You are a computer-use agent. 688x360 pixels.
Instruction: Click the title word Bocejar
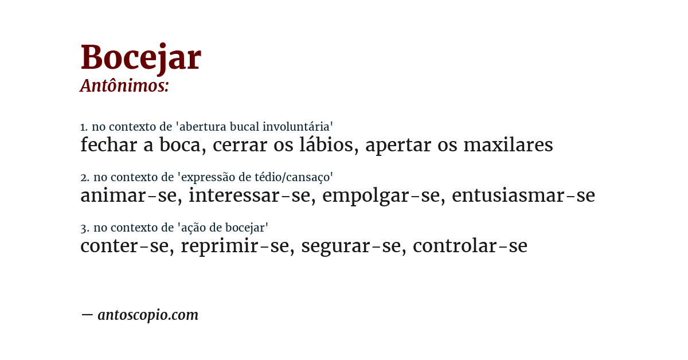click(x=140, y=57)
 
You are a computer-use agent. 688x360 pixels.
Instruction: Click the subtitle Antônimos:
click(x=124, y=86)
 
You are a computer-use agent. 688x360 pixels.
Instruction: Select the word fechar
click(x=108, y=145)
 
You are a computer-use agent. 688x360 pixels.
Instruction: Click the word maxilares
click(x=508, y=145)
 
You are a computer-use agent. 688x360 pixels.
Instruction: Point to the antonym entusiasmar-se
click(x=523, y=196)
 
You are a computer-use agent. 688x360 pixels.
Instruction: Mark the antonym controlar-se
click(x=470, y=246)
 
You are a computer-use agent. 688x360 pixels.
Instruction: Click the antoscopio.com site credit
click(x=148, y=315)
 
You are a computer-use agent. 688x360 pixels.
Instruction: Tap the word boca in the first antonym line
click(x=182, y=145)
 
